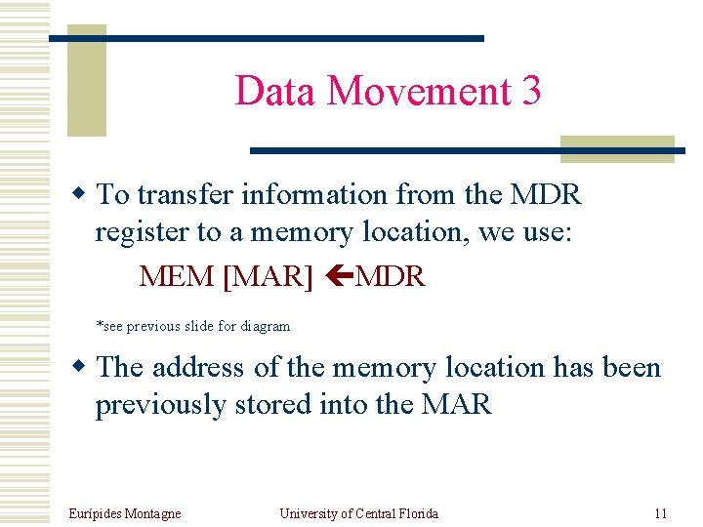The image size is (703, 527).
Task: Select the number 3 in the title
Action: pos(531,91)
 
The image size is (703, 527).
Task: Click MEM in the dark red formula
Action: pos(177,276)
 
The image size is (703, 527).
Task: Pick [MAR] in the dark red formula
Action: pos(268,276)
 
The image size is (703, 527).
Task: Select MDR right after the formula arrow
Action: pos(391,276)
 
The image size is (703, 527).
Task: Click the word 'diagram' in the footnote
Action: pos(266,326)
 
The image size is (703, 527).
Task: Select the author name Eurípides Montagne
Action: pos(125,513)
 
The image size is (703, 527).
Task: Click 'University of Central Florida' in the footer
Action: pos(358,513)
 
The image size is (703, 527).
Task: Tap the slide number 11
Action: pos(660,513)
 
